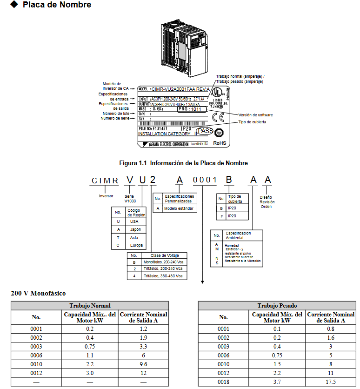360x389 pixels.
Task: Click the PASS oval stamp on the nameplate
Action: (x=205, y=131)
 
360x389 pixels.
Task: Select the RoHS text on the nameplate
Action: (x=220, y=143)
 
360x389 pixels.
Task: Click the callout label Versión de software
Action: (x=255, y=114)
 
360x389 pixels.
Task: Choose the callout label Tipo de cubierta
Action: (x=252, y=122)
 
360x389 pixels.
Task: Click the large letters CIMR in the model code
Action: (x=105, y=181)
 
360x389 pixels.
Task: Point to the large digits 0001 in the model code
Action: (x=205, y=181)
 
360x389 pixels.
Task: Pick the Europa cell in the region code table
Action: (x=137, y=245)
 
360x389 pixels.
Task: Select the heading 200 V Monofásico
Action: (x=38, y=293)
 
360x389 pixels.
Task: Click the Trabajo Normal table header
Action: (x=90, y=306)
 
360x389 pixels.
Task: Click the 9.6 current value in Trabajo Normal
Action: (x=143, y=364)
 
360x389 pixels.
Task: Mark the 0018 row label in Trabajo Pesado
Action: (x=223, y=382)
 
